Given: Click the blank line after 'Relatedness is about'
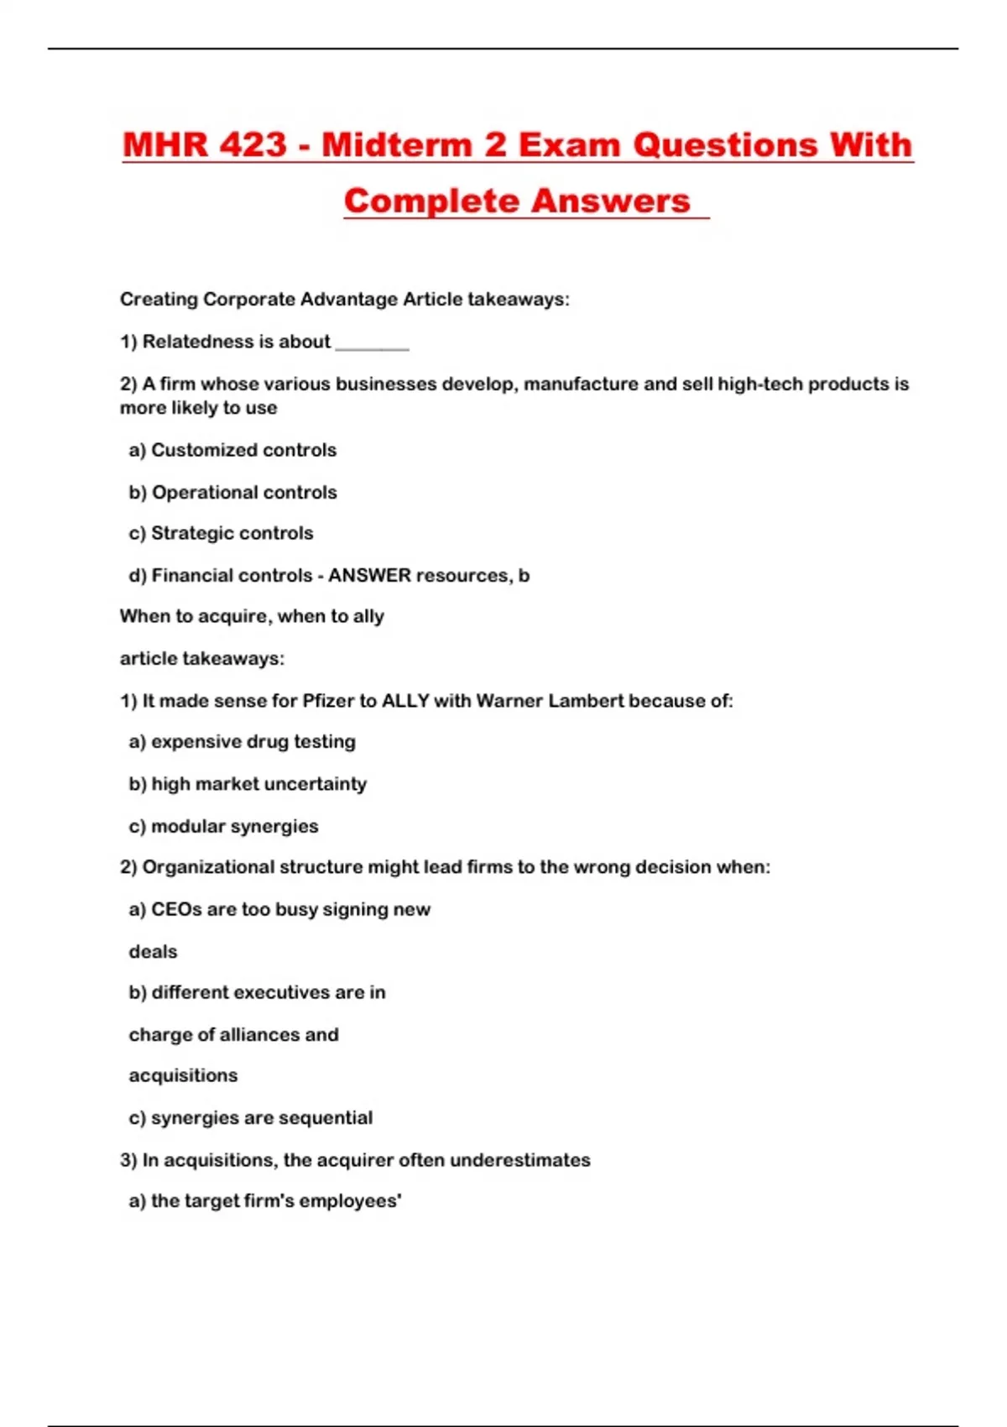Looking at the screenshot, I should click(x=372, y=344).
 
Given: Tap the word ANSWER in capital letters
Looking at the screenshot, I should click(x=369, y=576).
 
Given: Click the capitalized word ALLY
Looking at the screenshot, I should click(x=405, y=701).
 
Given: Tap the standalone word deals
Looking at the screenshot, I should click(x=153, y=952).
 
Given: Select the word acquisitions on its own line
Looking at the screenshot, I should click(x=183, y=1076).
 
